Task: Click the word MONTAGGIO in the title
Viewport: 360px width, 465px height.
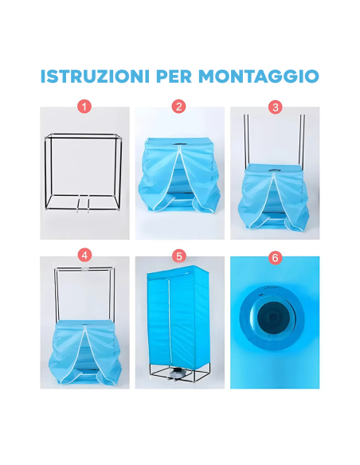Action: (x=260, y=77)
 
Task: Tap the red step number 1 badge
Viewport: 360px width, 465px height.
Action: (x=84, y=106)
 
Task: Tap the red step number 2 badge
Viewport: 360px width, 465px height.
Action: (x=179, y=106)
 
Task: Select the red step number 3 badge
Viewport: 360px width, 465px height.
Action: (x=275, y=106)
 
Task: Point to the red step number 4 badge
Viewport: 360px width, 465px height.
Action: (x=84, y=256)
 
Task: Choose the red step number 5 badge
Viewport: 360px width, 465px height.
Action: (x=179, y=256)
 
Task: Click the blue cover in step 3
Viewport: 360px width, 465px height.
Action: (x=275, y=199)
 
